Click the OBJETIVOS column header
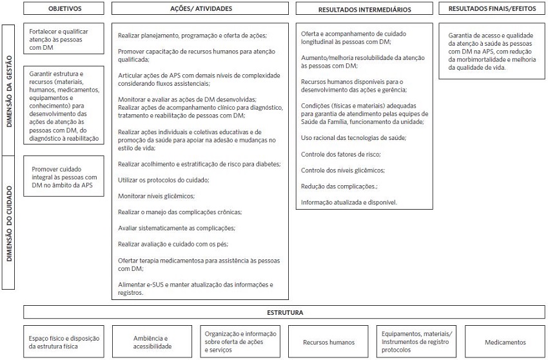[x=64, y=9]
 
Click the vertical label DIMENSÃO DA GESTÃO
[x=10, y=90]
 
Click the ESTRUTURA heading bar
[x=285, y=312]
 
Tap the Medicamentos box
[x=505, y=342]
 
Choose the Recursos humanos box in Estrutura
[x=329, y=342]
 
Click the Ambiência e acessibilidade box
[x=152, y=342]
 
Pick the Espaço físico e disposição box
[x=64, y=342]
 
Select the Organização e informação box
[x=240, y=342]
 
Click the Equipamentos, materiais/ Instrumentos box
[x=417, y=342]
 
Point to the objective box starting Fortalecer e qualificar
[x=64, y=39]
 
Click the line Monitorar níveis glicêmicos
[x=156, y=195]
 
